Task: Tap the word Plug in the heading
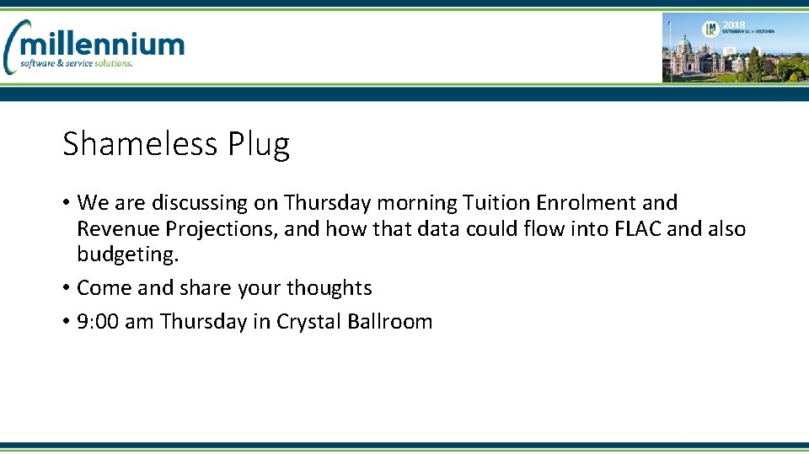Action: click(259, 145)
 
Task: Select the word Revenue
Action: click(118, 229)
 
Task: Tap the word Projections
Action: click(218, 229)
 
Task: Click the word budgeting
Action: click(127, 254)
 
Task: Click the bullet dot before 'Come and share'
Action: click(66, 288)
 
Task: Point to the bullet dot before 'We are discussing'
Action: click(66, 203)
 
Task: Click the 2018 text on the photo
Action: click(734, 26)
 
